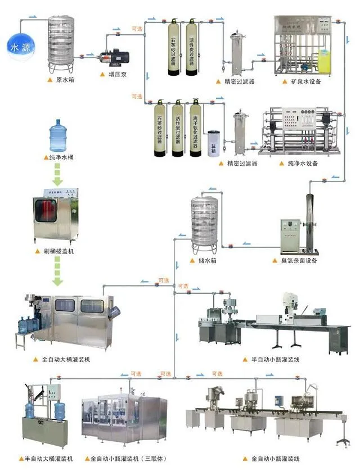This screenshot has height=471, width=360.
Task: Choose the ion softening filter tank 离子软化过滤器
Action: point(195,129)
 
